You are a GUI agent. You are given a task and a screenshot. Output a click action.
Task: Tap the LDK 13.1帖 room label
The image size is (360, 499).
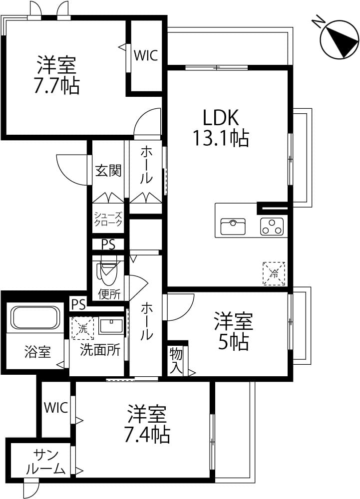click(x=221, y=128)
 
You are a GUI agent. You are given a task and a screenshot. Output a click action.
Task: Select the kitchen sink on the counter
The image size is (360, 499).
click(x=233, y=226)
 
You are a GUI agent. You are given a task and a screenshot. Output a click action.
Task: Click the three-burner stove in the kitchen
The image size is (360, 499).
click(x=272, y=227)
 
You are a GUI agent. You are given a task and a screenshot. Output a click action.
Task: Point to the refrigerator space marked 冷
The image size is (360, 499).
click(x=274, y=273)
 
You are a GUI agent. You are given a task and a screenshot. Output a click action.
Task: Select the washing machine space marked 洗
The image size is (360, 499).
click(x=83, y=328)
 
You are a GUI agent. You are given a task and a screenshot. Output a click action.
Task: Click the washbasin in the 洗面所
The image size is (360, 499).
click(x=111, y=325)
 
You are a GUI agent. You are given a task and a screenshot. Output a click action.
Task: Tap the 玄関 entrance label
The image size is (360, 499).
click(x=108, y=170)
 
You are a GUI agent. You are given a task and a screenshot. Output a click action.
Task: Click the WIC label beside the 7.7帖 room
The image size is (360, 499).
click(x=146, y=55)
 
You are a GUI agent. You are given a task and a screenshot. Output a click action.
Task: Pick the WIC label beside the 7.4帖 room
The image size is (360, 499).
click(x=56, y=407)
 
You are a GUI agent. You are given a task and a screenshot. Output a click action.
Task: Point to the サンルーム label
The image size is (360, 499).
click(x=45, y=462)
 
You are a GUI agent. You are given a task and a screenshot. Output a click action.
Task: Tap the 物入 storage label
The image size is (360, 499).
click(x=176, y=361)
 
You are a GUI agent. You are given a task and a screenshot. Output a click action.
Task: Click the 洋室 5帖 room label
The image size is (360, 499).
click(x=233, y=331)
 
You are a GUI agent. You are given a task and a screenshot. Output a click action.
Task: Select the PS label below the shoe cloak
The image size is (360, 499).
click(x=108, y=245)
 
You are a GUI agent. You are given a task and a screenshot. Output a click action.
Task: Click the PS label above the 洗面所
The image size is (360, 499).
click(x=78, y=304)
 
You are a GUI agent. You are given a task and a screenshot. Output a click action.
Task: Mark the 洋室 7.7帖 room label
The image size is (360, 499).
click(x=56, y=75)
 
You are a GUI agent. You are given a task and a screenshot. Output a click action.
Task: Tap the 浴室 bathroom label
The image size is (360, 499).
click(x=37, y=352)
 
